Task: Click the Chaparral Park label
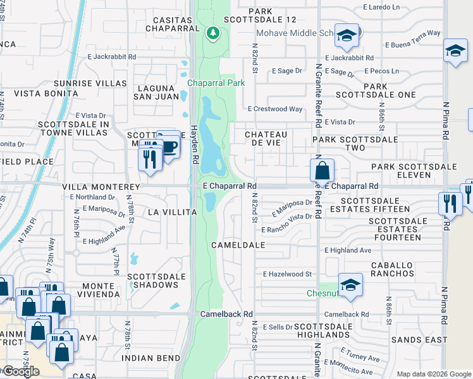click(216, 83)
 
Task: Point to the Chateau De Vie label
click(266, 138)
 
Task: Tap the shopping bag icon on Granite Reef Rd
click(322, 170)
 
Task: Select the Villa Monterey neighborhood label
click(101, 188)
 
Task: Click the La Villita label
click(172, 212)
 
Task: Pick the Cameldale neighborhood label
click(238, 244)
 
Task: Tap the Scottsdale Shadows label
click(156, 280)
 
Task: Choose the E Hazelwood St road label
click(288, 274)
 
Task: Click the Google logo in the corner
click(20, 371)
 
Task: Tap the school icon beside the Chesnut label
click(350, 284)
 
